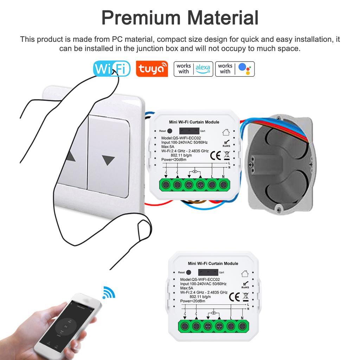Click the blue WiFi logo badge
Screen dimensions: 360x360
111,69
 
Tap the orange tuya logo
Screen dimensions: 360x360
152,69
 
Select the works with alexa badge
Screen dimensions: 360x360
193,69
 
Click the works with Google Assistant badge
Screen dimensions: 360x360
235,69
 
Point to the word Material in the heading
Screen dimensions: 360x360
223,18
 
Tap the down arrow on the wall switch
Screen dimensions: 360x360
109,161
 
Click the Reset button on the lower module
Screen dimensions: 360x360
188,272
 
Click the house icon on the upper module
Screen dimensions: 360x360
226,132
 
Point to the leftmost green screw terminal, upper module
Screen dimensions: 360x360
166,184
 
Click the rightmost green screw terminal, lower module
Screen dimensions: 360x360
242,326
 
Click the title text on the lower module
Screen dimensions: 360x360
213,263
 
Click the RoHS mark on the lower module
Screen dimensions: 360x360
245,285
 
